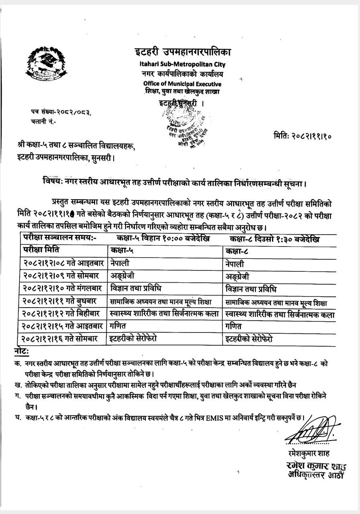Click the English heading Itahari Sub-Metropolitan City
point(183,64)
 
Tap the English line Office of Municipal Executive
point(182,84)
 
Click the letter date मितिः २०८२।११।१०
point(303,136)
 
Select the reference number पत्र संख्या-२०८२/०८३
point(61,112)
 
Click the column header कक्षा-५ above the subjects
point(121,250)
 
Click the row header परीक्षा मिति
point(41,250)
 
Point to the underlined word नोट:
point(21,352)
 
